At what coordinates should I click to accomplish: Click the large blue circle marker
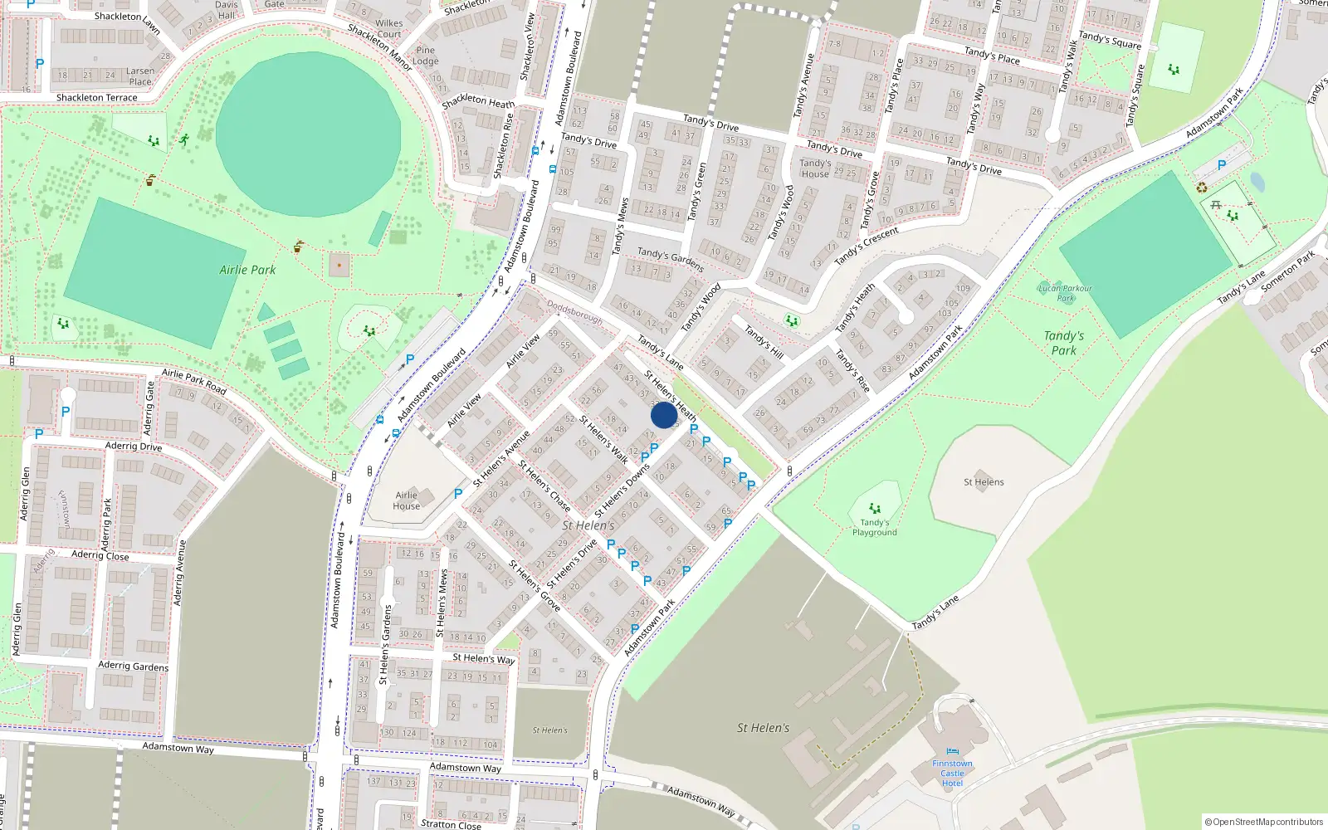pos(663,415)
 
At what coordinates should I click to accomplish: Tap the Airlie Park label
pos(247,270)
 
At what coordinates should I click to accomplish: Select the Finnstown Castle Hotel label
pos(952,773)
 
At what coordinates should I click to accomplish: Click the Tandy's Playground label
pos(874,528)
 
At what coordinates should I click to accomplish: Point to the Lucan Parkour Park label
pos(1066,293)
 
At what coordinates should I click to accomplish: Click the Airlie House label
pos(406,500)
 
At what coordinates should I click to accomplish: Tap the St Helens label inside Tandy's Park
pos(984,481)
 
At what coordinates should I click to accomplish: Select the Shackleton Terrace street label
pos(96,98)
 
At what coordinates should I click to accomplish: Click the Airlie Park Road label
pos(194,381)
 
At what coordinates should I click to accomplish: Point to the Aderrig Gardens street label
pos(133,666)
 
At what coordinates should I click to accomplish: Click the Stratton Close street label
pos(451,824)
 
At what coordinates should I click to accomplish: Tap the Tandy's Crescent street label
pos(867,247)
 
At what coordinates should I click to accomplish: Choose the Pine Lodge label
pos(426,56)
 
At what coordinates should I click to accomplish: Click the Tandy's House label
pos(815,168)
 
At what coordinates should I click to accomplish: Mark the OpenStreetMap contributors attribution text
pos(1263,822)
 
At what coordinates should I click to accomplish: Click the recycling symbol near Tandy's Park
pos(1202,188)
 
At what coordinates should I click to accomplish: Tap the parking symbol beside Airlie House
pos(458,493)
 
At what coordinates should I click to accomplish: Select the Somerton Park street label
pos(1287,271)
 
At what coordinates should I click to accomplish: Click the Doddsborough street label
pos(574,311)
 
